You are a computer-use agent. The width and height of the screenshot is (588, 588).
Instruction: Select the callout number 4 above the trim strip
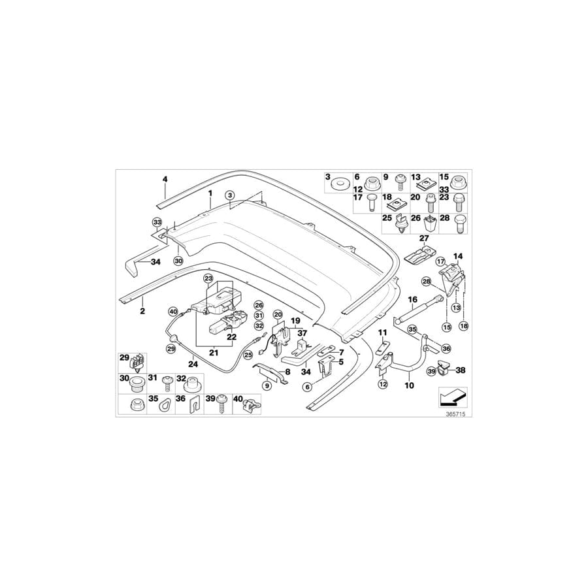(x=165, y=179)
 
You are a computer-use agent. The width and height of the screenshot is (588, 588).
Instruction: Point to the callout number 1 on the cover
(x=210, y=194)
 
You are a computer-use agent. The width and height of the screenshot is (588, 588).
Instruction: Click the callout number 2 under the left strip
(x=142, y=312)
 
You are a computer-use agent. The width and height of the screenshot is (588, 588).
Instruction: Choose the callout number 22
(x=231, y=336)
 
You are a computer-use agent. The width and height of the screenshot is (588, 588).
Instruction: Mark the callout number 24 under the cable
(x=193, y=364)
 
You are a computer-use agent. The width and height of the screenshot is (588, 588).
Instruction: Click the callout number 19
(x=295, y=321)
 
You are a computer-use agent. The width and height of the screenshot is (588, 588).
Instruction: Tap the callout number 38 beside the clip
(x=460, y=370)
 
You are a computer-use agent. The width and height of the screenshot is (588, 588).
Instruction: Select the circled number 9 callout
(x=267, y=385)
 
